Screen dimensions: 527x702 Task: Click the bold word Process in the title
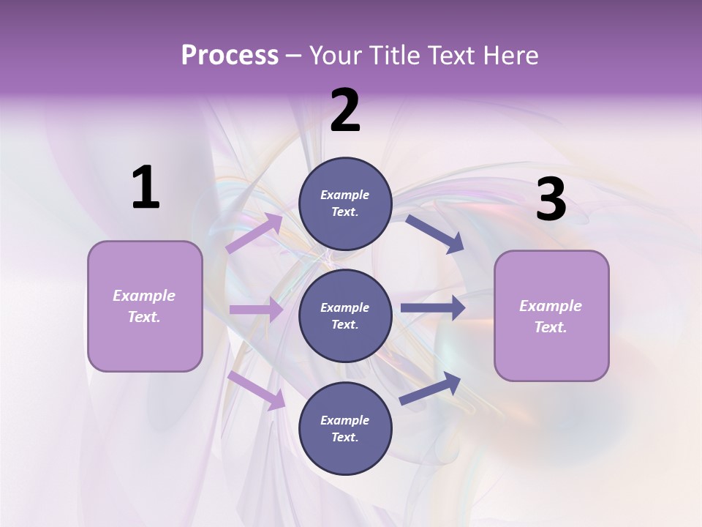click(x=230, y=56)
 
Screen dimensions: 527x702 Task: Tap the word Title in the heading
click(x=394, y=56)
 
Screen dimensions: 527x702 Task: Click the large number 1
click(x=146, y=188)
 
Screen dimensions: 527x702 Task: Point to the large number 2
click(x=345, y=111)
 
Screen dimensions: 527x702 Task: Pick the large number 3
click(x=551, y=200)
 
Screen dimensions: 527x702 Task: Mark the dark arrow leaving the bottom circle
click(x=431, y=388)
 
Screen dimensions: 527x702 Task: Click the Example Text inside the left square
click(x=144, y=306)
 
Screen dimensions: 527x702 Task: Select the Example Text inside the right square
click(x=551, y=316)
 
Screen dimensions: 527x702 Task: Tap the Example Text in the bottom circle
click(x=344, y=428)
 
